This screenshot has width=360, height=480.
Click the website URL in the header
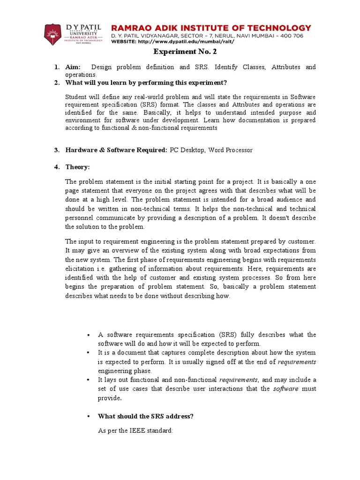click(x=186, y=41)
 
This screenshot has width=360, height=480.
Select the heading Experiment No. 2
click(x=180, y=52)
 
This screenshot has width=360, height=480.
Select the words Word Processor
click(x=230, y=150)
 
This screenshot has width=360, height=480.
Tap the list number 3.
click(x=56, y=150)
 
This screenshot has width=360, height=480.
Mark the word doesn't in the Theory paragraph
click(x=280, y=218)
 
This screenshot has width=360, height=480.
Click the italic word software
click(x=286, y=389)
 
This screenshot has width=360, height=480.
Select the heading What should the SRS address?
click(x=145, y=416)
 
